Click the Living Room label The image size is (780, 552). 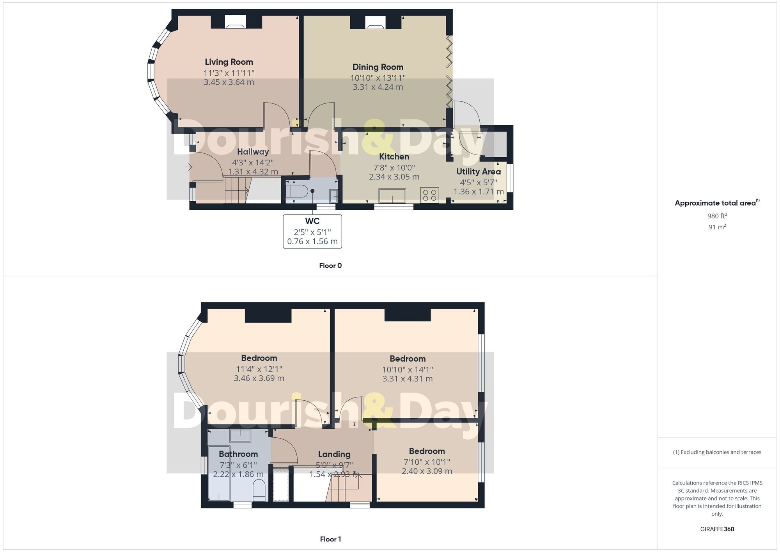tap(229, 62)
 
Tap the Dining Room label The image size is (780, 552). tap(378, 67)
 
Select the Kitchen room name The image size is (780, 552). tap(394, 156)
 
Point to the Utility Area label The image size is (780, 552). tap(479, 171)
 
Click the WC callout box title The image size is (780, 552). tap(312, 221)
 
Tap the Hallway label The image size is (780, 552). tap(253, 152)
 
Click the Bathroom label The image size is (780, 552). tap(238, 454)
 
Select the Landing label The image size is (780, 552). tap(334, 454)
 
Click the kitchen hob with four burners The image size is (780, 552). tap(429, 195)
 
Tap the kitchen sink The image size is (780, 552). tap(392, 195)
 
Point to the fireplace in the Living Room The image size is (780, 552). tap(236, 22)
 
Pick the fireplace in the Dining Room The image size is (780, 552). tap(375, 22)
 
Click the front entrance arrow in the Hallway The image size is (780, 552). tap(189, 167)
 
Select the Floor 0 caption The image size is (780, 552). tap(330, 266)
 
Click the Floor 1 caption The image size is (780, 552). tap(330, 539)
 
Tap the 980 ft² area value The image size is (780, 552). tap(717, 216)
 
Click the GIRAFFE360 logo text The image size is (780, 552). tap(717, 529)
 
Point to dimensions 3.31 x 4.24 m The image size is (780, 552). tap(378, 87)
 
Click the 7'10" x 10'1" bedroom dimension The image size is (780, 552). tap(427, 462)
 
